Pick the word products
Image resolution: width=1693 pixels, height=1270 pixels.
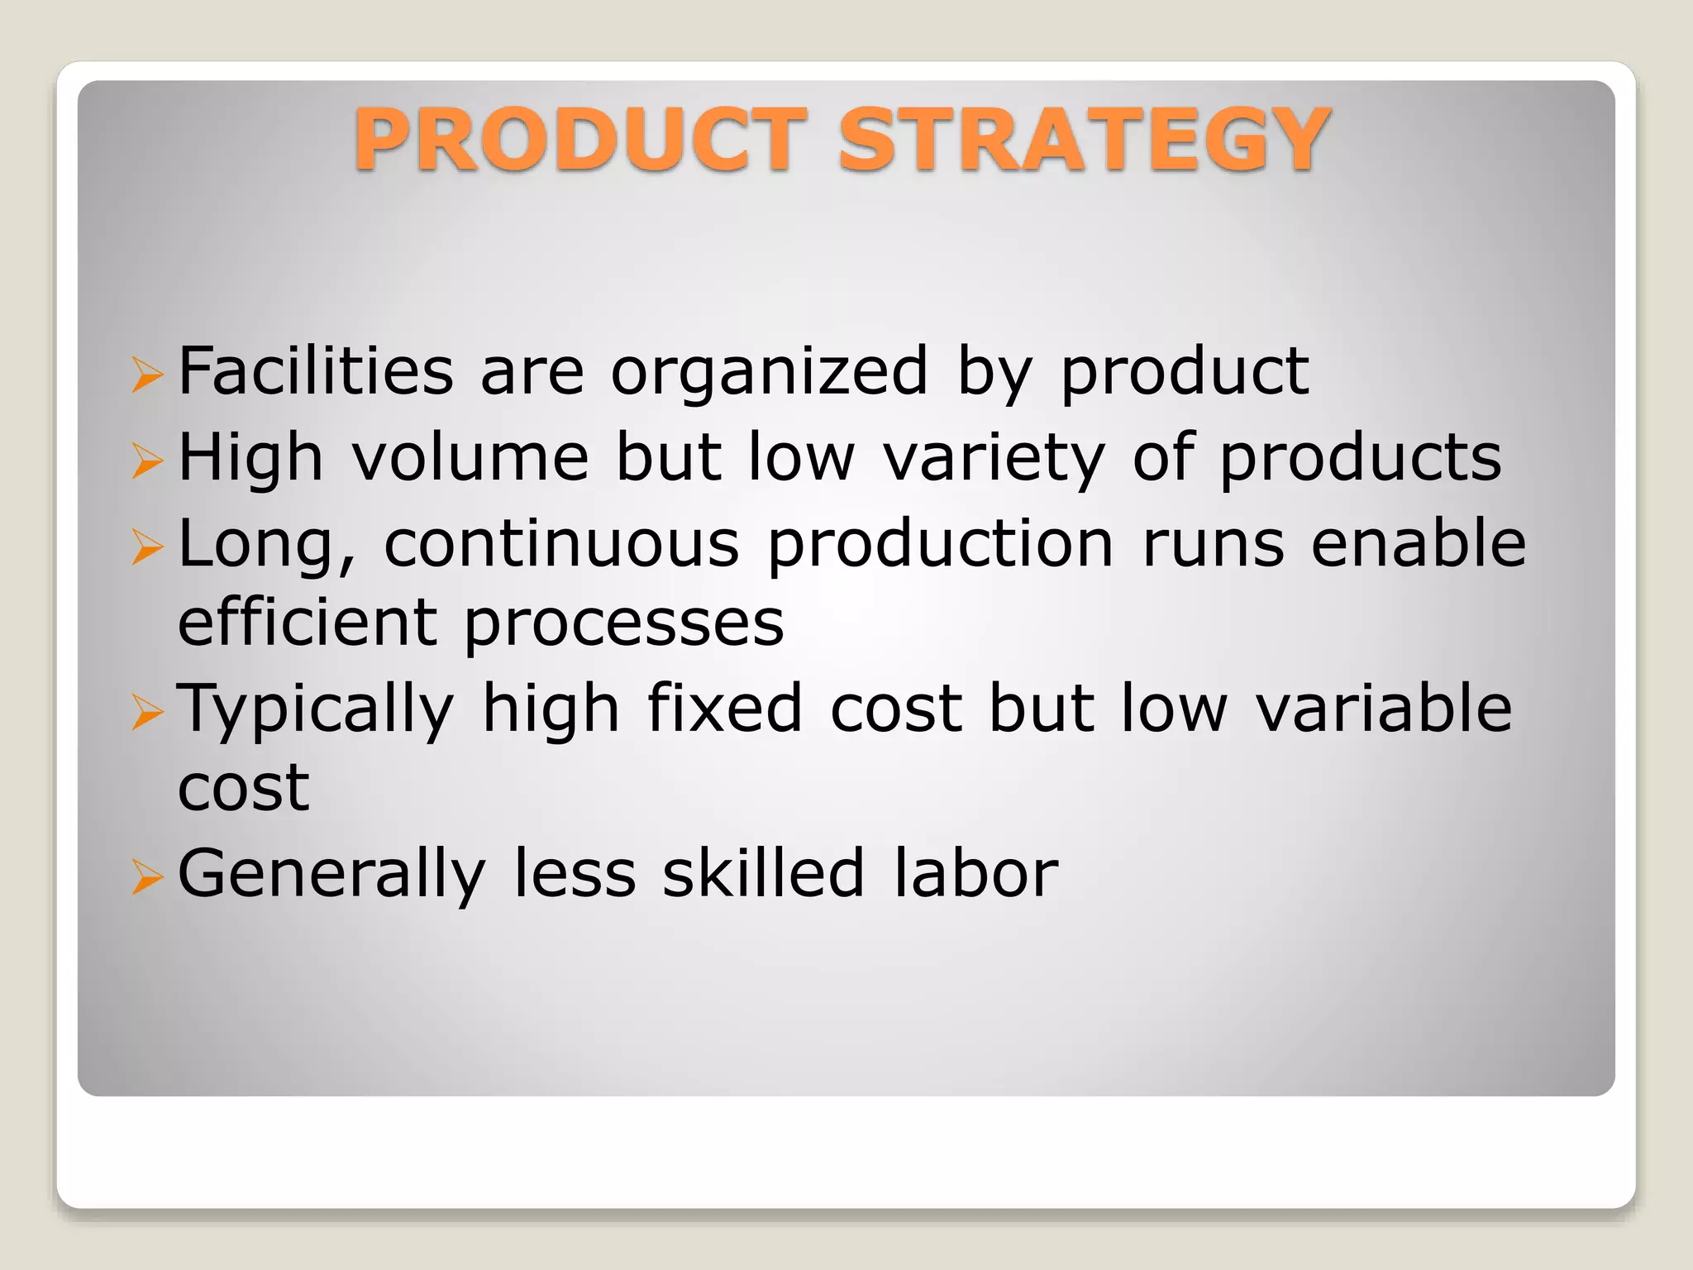[1361, 460]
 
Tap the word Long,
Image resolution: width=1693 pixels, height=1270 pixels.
[267, 546]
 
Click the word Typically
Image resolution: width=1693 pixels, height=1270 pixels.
[316, 709]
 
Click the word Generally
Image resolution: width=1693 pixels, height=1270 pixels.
[331, 875]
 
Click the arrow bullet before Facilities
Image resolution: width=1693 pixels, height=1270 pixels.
[148, 375]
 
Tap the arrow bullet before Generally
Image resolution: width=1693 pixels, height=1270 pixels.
[148, 877]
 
